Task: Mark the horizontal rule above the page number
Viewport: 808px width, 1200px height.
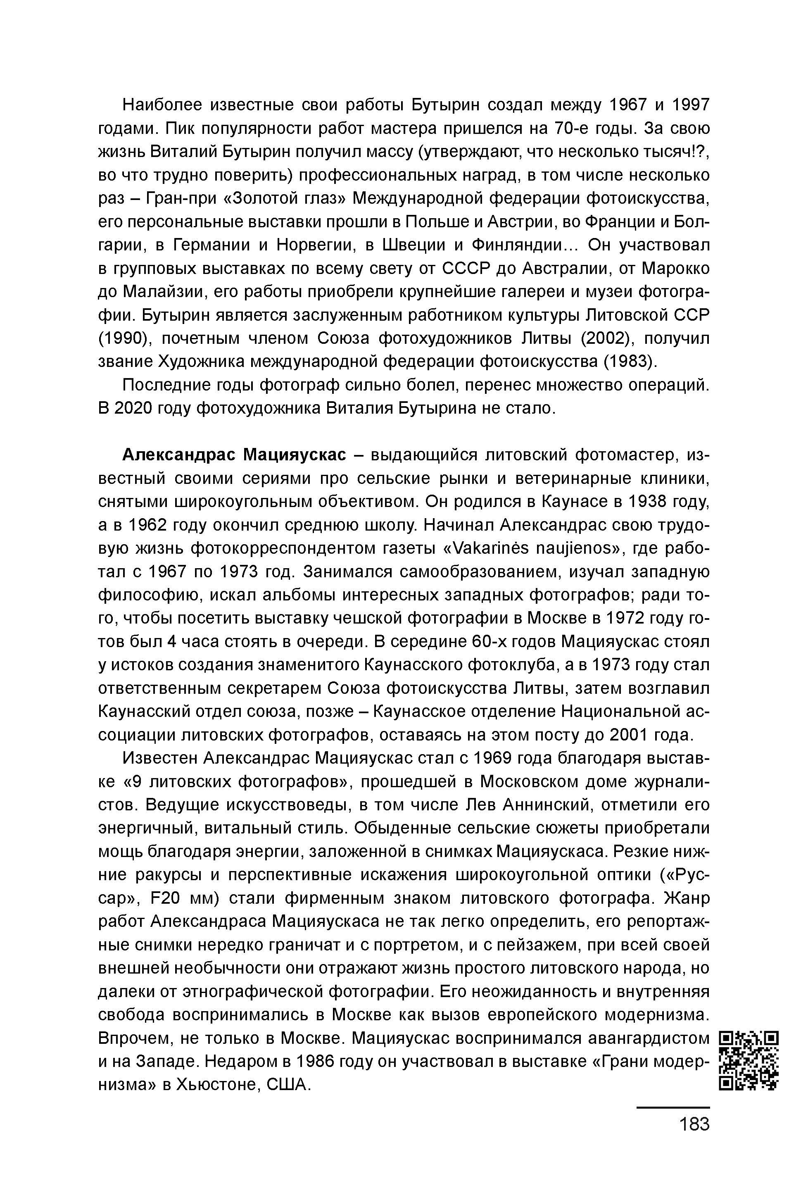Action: [673, 1107]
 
